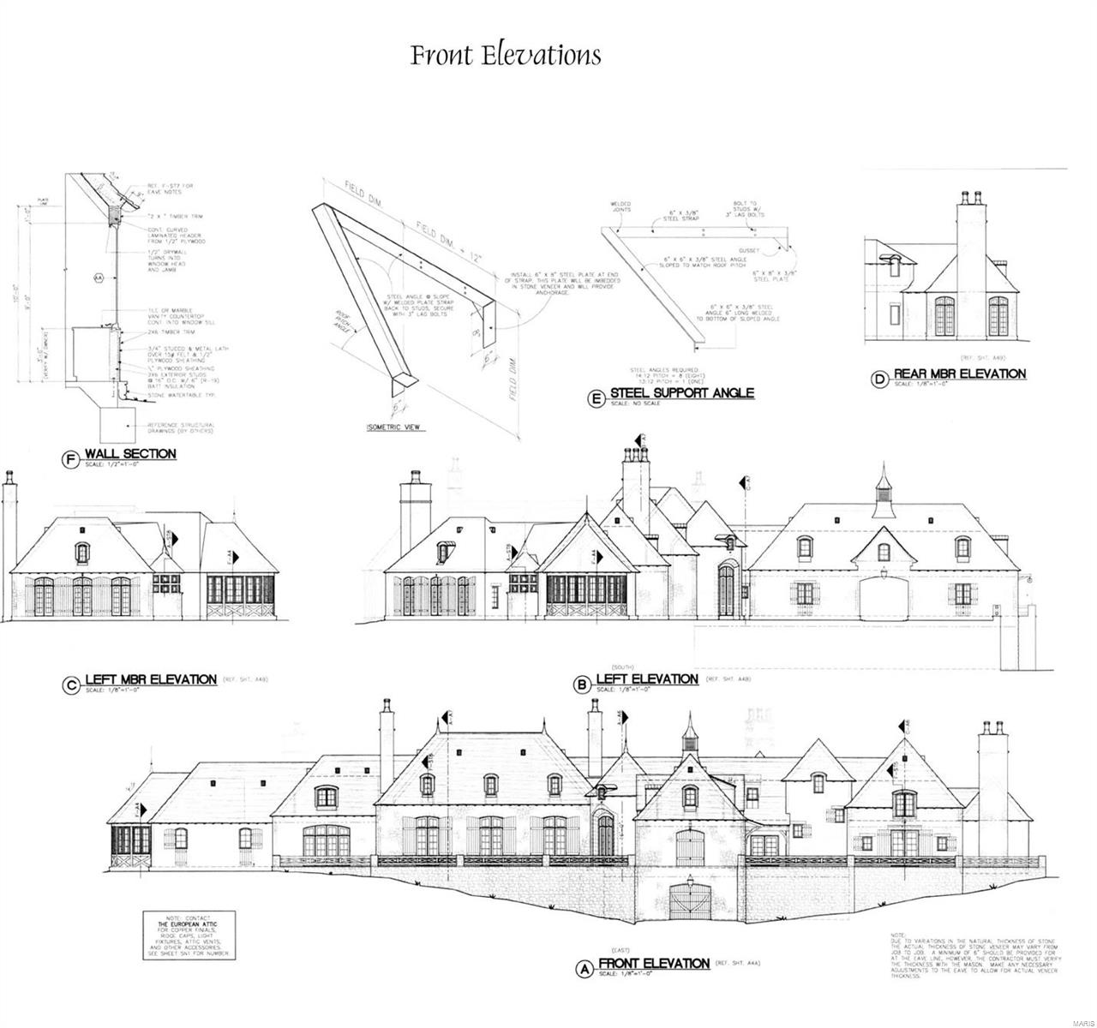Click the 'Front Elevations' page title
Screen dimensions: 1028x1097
506,56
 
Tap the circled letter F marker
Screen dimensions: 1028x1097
70,457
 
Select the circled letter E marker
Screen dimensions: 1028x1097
596,396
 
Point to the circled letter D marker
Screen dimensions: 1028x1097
878,378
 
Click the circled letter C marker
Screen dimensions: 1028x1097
70,683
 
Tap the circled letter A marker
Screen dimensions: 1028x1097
584,968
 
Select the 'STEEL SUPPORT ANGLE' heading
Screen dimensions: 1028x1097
681,392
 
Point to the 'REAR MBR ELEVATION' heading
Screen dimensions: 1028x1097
959,374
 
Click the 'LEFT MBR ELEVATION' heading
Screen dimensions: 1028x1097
151,679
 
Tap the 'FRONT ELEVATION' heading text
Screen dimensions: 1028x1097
655,963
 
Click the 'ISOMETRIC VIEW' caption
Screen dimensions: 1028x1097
395,427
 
